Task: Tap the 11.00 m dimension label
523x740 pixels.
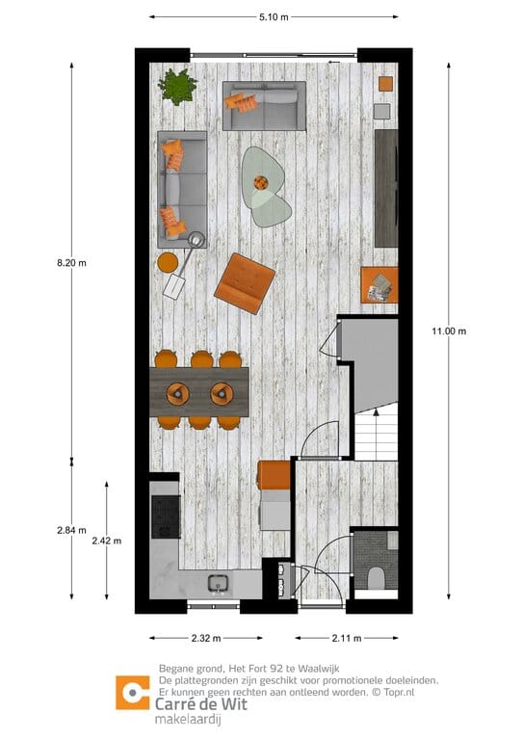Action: (449, 331)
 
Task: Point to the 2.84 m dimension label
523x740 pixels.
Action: (71, 530)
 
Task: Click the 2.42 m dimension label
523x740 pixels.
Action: (106, 541)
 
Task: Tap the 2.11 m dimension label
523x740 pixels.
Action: (348, 638)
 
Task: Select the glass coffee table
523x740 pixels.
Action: (265, 183)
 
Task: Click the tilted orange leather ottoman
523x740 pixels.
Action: (245, 282)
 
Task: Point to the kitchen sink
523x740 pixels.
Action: (218, 583)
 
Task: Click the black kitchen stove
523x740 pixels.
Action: (166, 517)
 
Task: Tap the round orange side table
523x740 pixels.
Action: (168, 261)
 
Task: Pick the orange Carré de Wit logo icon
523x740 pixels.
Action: (132, 693)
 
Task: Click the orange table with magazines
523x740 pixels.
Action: (379, 284)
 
